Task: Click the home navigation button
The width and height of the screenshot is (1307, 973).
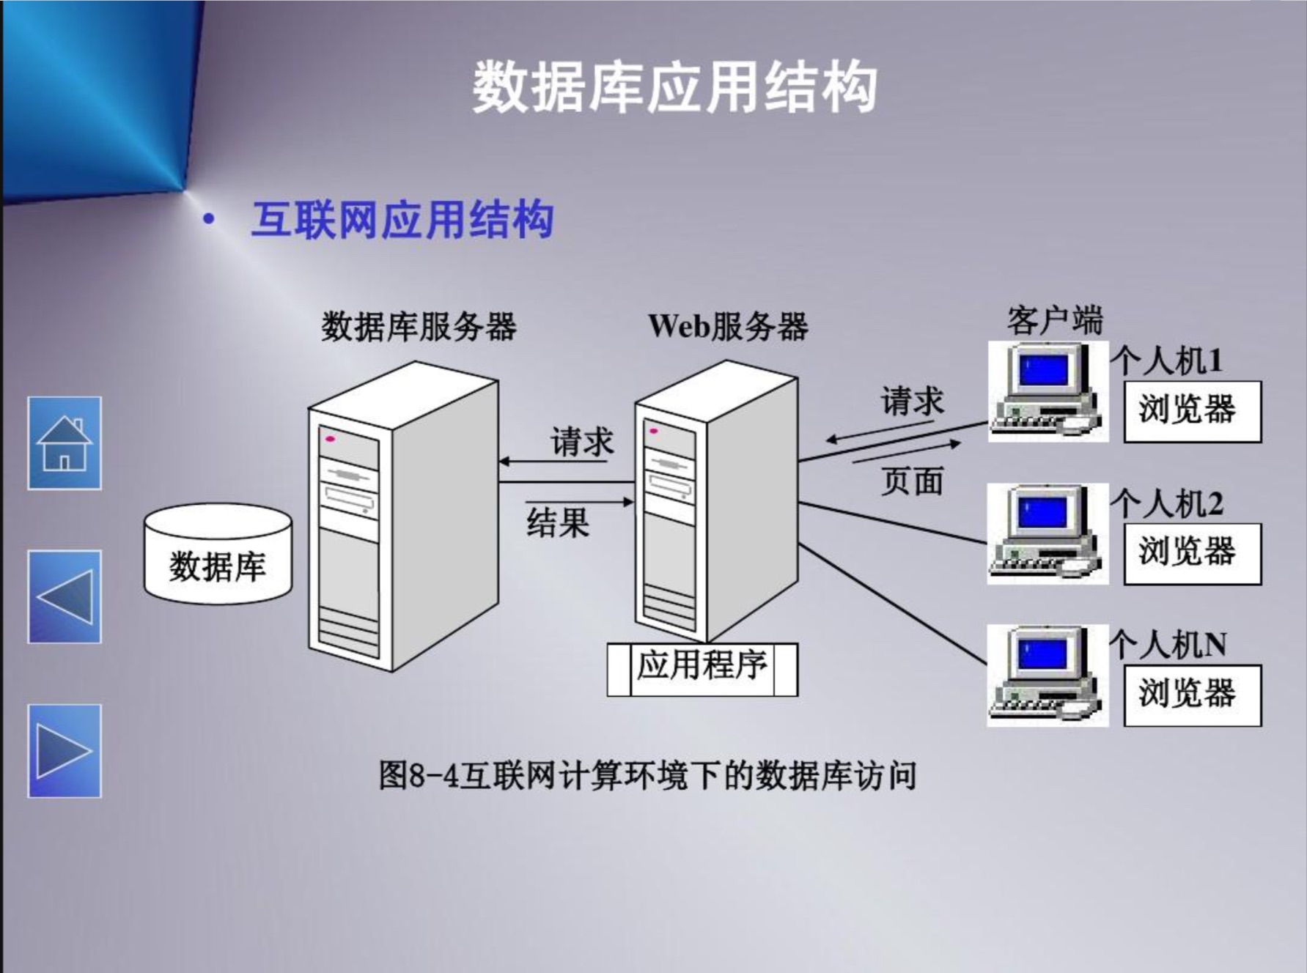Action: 65,443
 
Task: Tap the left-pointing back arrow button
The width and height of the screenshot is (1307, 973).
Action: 65,596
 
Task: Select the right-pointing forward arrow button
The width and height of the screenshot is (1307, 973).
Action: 65,750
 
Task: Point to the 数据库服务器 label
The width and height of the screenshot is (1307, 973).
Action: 419,327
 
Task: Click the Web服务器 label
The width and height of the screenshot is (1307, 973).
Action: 728,327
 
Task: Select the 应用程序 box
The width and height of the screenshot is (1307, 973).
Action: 702,668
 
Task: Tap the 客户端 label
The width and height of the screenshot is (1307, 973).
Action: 1054,320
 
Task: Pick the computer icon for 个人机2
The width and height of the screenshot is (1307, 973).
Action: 1048,533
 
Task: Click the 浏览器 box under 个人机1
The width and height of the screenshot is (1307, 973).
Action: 1192,411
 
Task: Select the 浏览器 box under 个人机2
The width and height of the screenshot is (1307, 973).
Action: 1192,553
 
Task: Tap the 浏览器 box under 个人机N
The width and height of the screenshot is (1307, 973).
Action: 1192,695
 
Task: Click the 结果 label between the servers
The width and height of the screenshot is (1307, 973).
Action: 558,523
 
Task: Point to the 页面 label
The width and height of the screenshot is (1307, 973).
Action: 912,481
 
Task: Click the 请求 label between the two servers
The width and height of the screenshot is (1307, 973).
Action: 582,442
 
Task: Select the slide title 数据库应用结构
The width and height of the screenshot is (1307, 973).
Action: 674,87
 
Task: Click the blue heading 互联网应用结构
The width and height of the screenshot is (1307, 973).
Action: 402,219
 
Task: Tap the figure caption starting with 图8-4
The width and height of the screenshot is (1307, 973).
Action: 647,775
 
